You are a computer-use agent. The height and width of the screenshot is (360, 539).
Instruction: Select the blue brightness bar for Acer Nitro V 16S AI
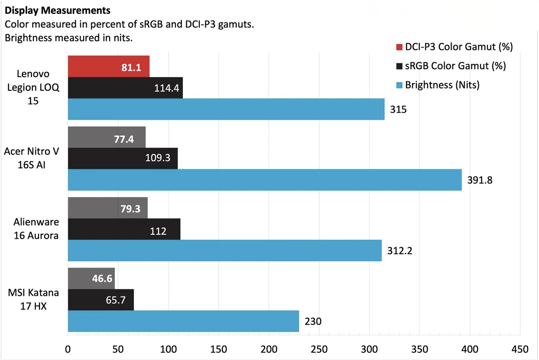point(265,180)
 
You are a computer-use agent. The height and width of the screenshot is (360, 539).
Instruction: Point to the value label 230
point(313,321)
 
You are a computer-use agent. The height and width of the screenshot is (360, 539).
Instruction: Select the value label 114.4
point(167,88)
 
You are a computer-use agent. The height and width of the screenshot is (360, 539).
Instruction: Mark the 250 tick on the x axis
point(319,349)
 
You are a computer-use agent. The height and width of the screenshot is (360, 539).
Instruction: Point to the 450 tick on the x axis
point(520,349)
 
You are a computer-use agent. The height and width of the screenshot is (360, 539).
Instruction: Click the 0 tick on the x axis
point(68,349)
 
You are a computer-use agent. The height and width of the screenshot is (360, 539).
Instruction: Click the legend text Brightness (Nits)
point(442,85)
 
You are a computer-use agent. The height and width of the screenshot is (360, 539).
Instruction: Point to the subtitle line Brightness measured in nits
point(68,38)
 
